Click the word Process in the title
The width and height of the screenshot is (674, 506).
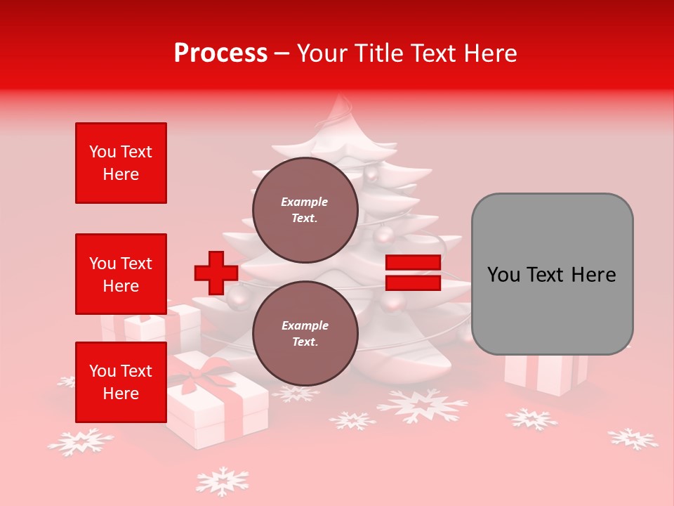[x=220, y=53]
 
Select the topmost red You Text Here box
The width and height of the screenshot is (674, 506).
[x=121, y=163]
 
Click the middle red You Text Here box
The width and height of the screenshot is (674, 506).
[x=121, y=274]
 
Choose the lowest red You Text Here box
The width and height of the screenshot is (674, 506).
[x=121, y=382]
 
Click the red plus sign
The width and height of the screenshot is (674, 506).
[x=216, y=273]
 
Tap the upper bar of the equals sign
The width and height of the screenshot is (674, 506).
[x=413, y=263]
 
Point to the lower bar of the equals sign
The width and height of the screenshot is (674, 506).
[x=413, y=283]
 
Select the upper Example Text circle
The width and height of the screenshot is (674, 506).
[x=305, y=209]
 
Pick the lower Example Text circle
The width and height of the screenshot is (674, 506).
[x=305, y=333]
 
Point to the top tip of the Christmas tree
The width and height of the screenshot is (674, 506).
[x=341, y=98]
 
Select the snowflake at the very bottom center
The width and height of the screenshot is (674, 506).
[x=223, y=481]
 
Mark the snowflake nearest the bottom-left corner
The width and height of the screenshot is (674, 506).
[x=80, y=441]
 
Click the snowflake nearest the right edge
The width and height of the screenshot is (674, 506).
[x=633, y=439]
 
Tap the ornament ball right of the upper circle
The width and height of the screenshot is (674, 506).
[x=384, y=234]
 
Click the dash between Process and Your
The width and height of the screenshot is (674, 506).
[x=282, y=54]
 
